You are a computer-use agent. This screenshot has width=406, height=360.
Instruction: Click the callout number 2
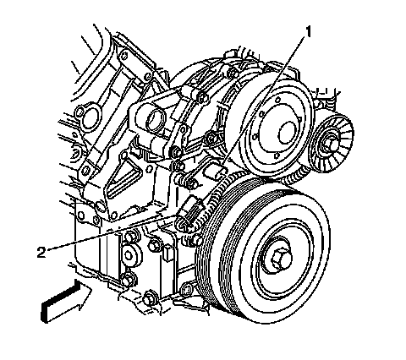(x=41, y=252)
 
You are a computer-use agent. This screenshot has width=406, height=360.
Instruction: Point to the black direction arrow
(x=67, y=301)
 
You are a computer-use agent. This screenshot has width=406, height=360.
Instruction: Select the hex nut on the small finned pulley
(x=327, y=144)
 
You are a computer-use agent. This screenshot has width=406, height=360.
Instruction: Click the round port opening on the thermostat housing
(x=155, y=118)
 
